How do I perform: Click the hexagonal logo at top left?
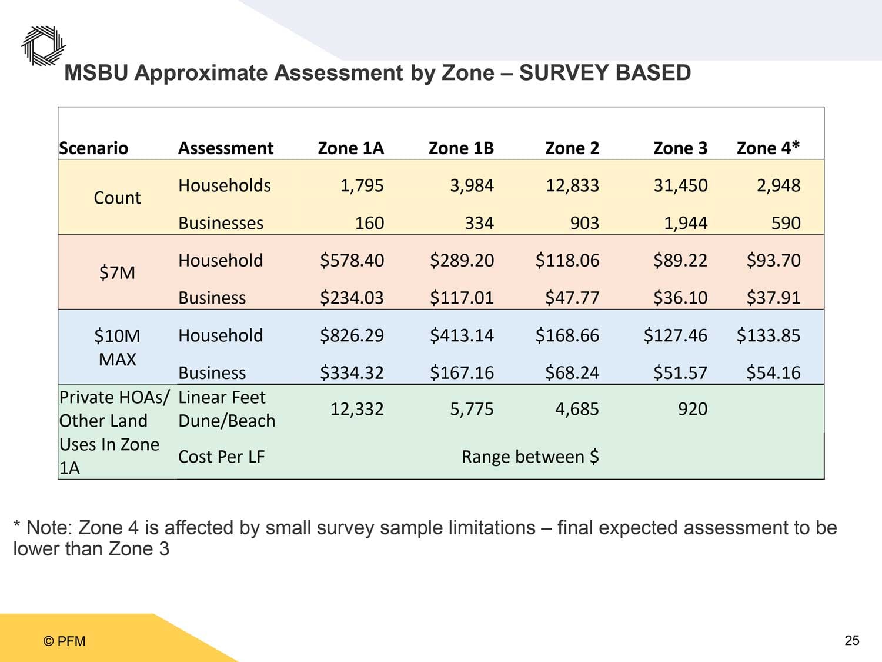pos(44,46)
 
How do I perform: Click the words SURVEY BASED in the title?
pos(604,73)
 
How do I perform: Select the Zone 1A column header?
pos(350,148)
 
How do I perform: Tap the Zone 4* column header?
pos(768,148)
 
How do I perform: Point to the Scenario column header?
pos(93,148)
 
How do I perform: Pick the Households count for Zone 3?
pos(680,186)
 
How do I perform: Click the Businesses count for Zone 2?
pos(584,223)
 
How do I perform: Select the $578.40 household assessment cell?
pos(352,261)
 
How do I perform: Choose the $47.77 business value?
pos(572,298)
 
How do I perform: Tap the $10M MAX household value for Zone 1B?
pos(462,335)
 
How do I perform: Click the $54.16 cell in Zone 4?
pos(773,372)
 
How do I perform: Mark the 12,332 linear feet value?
pos(357,409)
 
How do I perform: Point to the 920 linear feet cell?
pos(693,409)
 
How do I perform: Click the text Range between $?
pos(530,457)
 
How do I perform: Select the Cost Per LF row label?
pos(222,457)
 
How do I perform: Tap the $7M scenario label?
pos(117,273)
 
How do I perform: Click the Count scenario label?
pos(117,198)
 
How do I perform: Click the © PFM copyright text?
pos(64,641)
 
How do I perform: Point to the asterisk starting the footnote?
pos(17,524)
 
